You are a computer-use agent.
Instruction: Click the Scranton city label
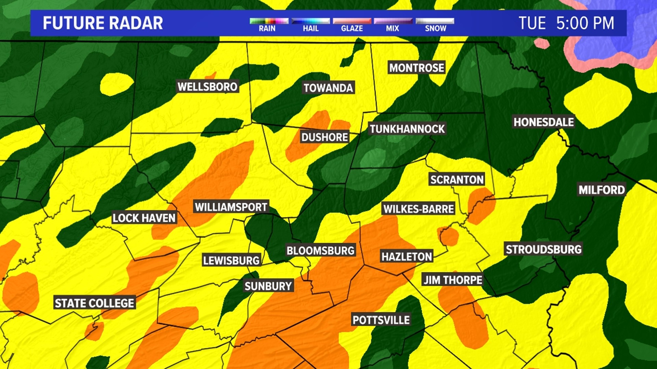pyautogui.click(x=457, y=179)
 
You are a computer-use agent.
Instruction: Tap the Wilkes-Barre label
pyautogui.click(x=418, y=209)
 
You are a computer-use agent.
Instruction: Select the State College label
pyautogui.click(x=94, y=303)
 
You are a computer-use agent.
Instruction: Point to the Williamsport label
pyautogui.click(x=231, y=207)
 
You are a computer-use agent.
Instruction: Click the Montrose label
pyautogui.click(x=417, y=68)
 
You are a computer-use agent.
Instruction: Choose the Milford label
pyautogui.click(x=602, y=190)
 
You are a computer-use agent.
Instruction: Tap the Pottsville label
pyautogui.click(x=381, y=320)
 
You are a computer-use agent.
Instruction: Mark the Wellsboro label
pyautogui.click(x=207, y=86)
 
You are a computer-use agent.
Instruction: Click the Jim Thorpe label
pyautogui.click(x=453, y=280)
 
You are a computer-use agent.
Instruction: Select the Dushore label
pyautogui.click(x=324, y=137)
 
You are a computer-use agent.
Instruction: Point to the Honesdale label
pyautogui.click(x=544, y=122)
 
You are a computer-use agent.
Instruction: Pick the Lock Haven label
pyautogui.click(x=144, y=218)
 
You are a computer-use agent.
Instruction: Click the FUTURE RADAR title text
pyautogui.click(x=103, y=23)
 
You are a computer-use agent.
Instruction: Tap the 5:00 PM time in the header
pyautogui.click(x=585, y=23)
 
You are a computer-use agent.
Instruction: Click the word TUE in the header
pyautogui.click(x=532, y=23)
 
